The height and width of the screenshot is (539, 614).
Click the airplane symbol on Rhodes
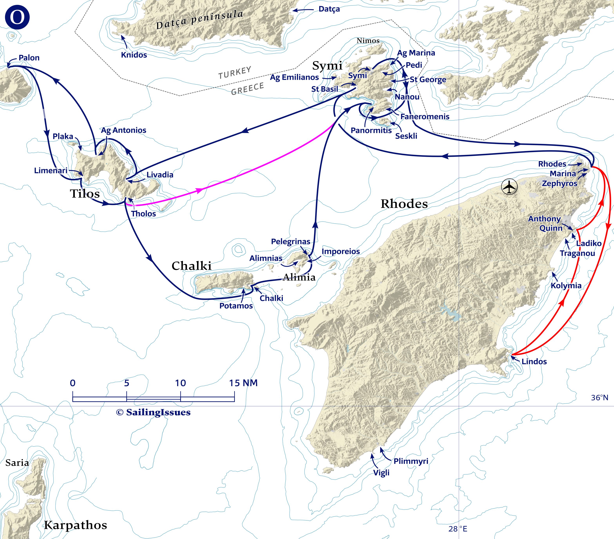pos(509,187)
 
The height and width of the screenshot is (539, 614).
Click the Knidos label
pos(134,55)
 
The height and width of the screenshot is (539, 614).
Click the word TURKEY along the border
pos(235,73)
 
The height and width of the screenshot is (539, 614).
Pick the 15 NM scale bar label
pos(243,383)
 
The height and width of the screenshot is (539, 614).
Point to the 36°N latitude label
pos(599,398)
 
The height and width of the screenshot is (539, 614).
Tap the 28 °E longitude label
pos(458,529)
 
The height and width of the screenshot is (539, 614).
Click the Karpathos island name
pos(75,525)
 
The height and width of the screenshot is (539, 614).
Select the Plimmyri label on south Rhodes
pos(411,461)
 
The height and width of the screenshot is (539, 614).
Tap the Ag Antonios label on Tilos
pos(123,130)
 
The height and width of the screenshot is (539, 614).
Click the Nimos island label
pos(368,41)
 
